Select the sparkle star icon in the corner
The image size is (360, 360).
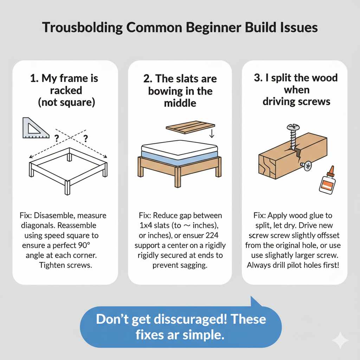[x=340, y=340]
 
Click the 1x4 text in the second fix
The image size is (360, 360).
[x=143, y=225]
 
